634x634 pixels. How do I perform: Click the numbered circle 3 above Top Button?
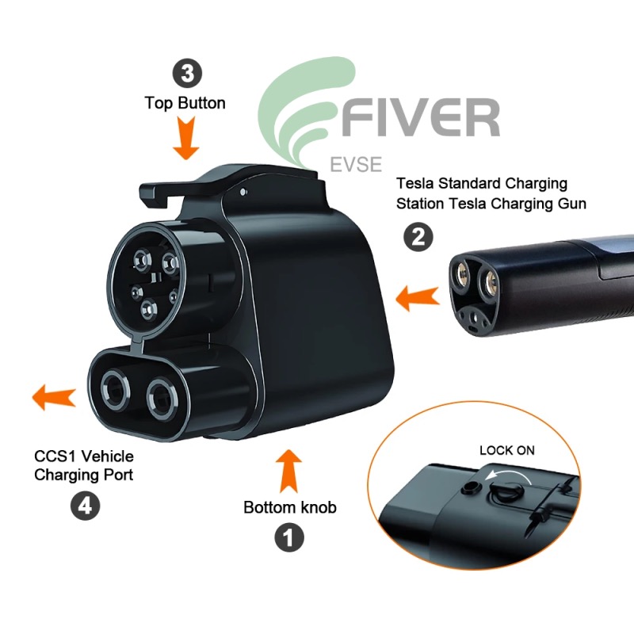pos(188,74)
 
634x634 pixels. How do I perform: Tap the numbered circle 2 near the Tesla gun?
pos(418,237)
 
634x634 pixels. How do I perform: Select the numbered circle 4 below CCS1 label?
pos(86,506)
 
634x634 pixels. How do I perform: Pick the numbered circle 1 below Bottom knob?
pos(289,538)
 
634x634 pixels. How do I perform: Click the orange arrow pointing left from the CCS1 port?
pos(54,397)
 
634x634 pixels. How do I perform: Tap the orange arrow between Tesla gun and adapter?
pos(418,299)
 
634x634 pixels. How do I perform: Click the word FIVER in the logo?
pos(421,117)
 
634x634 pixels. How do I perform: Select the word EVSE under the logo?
pos(356,165)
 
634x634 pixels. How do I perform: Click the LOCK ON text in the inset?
pos(507,450)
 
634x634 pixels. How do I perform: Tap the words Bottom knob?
pos(290,507)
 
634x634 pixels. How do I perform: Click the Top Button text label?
pos(185,104)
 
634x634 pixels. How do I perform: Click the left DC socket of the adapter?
pos(115,390)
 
